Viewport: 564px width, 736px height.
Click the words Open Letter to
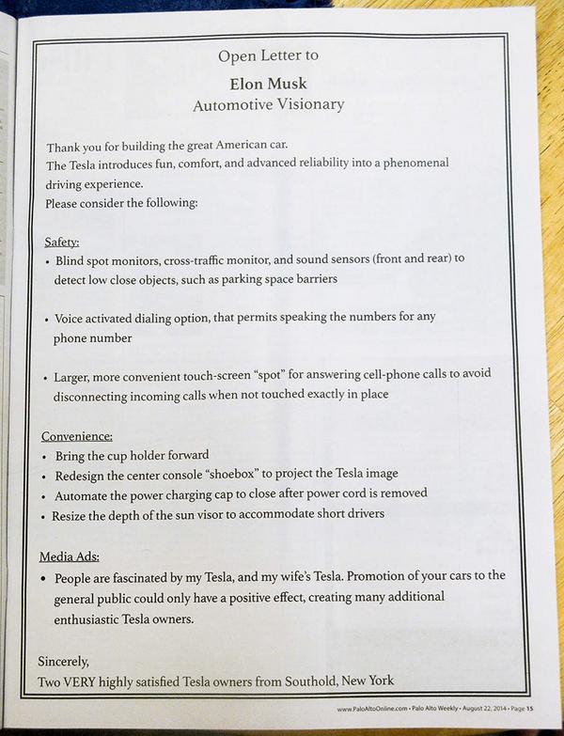coord(268,55)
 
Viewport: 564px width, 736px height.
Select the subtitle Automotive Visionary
coord(268,104)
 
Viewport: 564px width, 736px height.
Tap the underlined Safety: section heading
coord(61,241)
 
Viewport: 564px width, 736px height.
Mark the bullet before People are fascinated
coord(47,576)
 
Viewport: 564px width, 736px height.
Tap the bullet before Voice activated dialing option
coord(47,319)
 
